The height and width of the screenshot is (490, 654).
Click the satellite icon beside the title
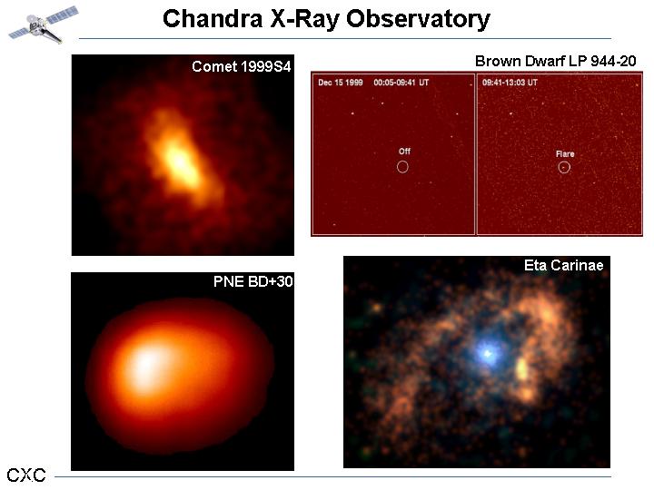click(x=44, y=24)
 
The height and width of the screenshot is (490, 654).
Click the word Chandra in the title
click(x=213, y=19)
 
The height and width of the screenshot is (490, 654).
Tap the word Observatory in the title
click(x=419, y=20)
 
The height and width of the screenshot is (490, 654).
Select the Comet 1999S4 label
click(x=241, y=66)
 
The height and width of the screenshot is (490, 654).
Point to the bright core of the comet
click(x=180, y=162)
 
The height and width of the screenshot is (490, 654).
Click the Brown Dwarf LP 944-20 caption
click(x=556, y=62)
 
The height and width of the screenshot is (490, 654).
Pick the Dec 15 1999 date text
click(x=341, y=83)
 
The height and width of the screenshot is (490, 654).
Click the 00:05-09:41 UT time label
click(x=401, y=83)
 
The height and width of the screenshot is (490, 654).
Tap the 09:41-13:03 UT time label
click(x=510, y=83)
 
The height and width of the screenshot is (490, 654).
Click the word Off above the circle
click(x=404, y=152)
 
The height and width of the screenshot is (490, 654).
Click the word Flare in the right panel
click(x=565, y=153)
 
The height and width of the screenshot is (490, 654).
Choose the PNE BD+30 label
click(x=253, y=281)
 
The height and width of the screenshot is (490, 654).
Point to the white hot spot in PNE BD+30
click(x=146, y=362)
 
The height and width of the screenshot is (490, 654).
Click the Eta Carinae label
click(x=563, y=265)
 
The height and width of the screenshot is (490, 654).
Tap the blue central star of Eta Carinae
click(x=487, y=353)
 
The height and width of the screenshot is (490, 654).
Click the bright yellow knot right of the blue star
click(x=521, y=368)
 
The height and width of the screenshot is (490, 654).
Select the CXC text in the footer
click(x=26, y=475)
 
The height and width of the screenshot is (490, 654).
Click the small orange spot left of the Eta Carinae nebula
click(x=377, y=308)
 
